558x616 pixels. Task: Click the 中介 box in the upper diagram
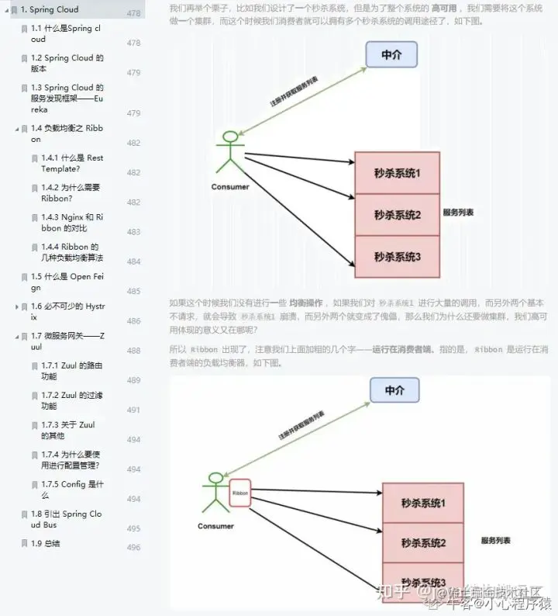(x=391, y=54)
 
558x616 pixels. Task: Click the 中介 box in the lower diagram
(x=394, y=390)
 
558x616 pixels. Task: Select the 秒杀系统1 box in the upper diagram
(x=397, y=174)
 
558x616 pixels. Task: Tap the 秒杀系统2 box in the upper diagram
(x=397, y=215)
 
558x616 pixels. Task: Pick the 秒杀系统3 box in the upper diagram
(x=397, y=257)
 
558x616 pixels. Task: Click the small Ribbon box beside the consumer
(x=240, y=492)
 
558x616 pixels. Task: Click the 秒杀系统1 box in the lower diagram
(x=423, y=503)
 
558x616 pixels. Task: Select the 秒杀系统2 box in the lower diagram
(x=423, y=542)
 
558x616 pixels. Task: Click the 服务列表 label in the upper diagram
(x=458, y=212)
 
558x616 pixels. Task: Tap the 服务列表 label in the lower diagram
(x=495, y=540)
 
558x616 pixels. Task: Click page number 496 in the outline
(x=133, y=548)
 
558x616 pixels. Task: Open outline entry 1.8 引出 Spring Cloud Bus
(x=66, y=519)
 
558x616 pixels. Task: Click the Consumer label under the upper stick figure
(x=229, y=187)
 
